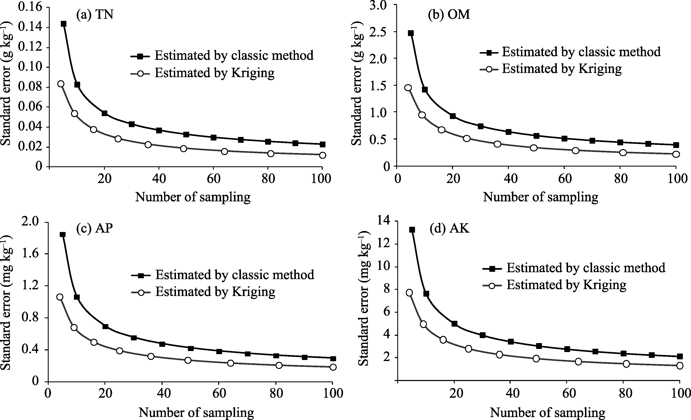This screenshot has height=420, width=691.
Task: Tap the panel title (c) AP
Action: click(95, 228)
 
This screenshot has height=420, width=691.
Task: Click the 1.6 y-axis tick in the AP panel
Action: click(30, 254)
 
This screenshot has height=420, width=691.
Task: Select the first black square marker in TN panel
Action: click(64, 24)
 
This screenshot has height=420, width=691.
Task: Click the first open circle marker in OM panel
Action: click(408, 88)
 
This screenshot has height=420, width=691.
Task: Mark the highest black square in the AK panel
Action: click(412, 230)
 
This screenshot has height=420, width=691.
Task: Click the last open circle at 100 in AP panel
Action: click(333, 367)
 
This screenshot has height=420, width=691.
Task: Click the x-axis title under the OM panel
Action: click(540, 197)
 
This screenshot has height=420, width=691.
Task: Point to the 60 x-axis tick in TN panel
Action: click(214, 178)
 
